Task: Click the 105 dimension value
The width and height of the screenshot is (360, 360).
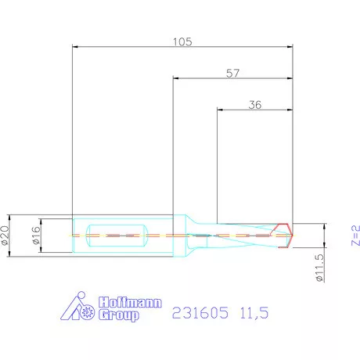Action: [x=181, y=41]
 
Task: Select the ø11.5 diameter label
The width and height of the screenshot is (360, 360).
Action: [x=319, y=266]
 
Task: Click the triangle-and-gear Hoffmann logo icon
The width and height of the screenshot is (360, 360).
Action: [x=79, y=308]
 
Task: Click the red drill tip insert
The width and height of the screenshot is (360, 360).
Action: [x=287, y=235]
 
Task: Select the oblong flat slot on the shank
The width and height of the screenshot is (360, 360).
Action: [x=117, y=235]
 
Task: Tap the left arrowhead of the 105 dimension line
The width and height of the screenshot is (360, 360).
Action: [x=74, y=47]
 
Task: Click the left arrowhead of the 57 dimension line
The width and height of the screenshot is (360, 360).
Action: [x=175, y=79]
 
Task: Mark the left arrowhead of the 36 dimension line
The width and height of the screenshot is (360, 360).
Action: [x=219, y=109]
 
